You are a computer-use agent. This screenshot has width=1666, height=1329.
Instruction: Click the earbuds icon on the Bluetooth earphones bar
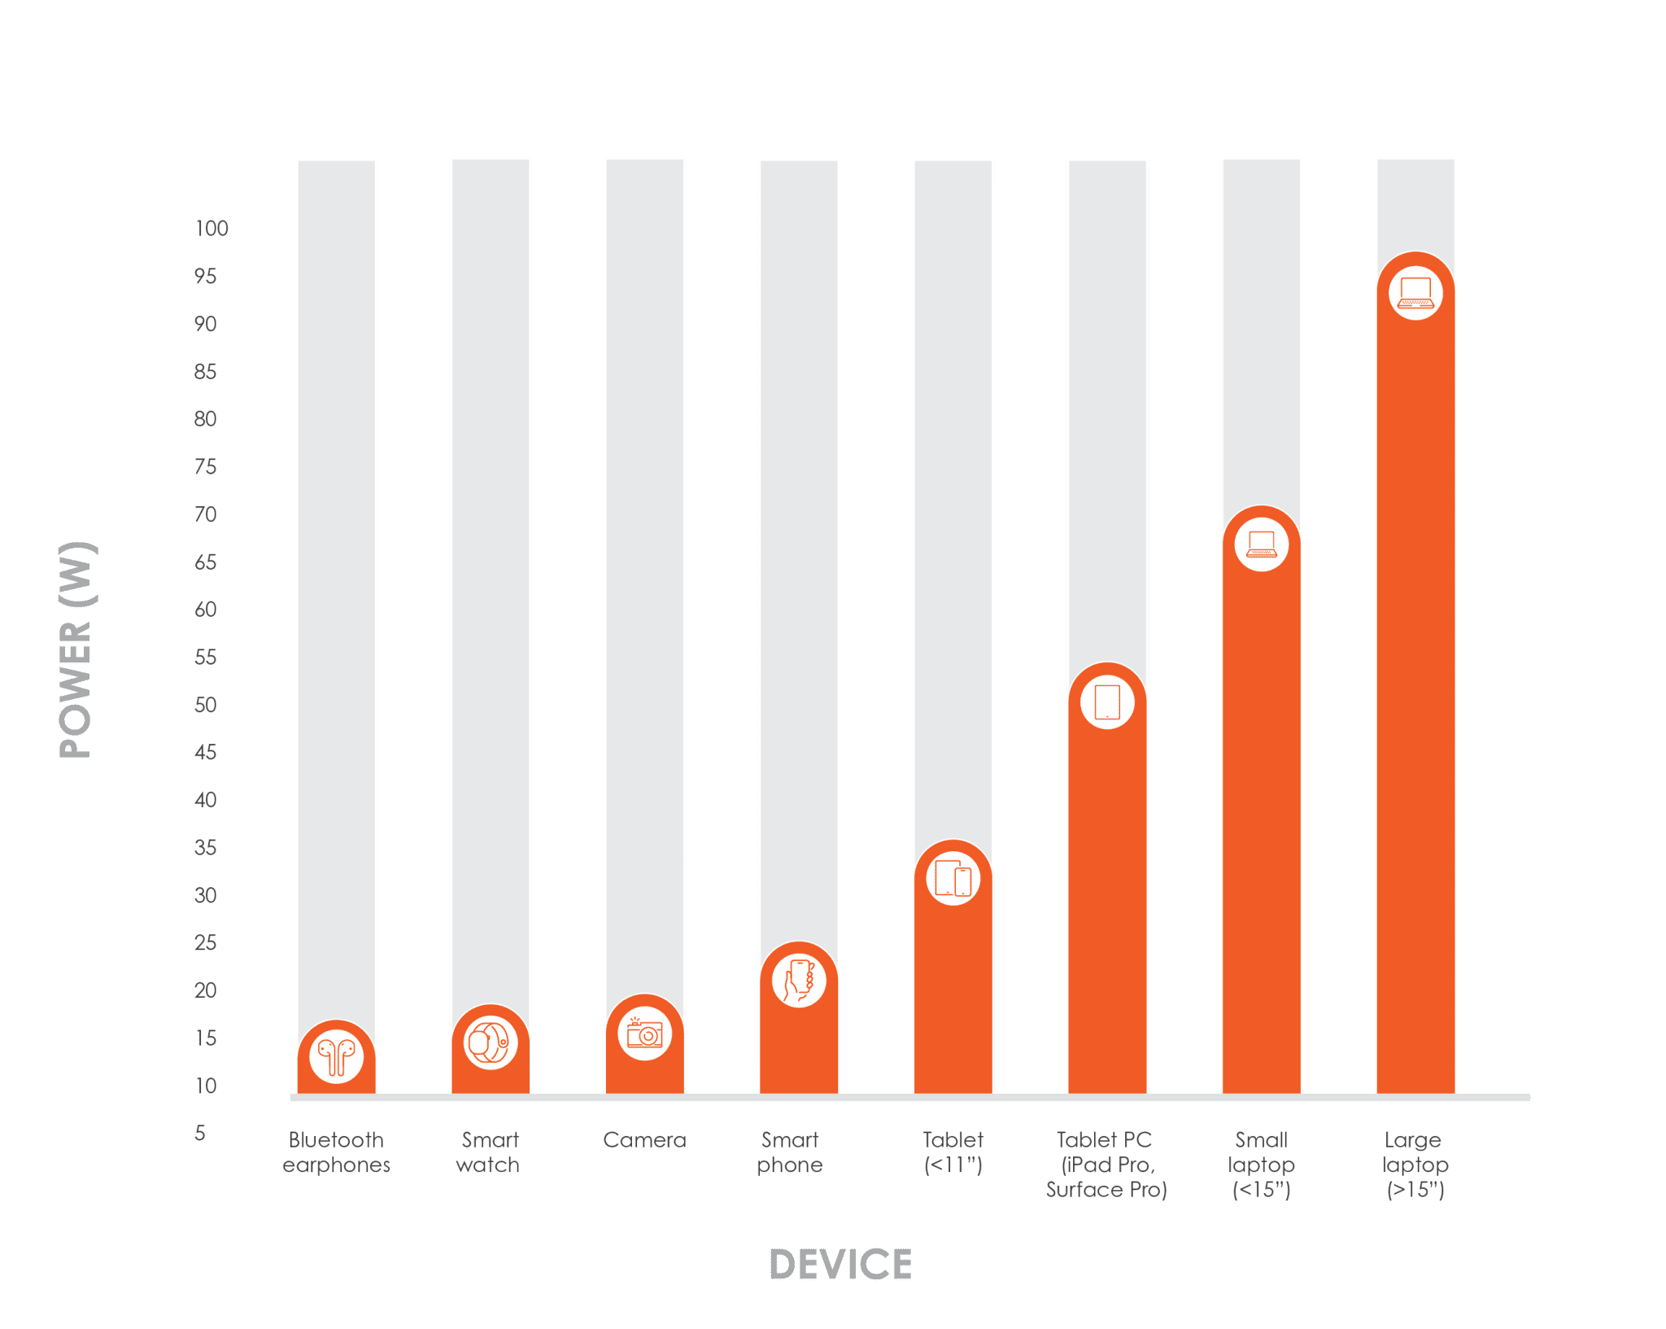pyautogui.click(x=336, y=1057)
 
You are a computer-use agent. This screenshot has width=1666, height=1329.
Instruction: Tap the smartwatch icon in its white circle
pyautogui.click(x=491, y=1042)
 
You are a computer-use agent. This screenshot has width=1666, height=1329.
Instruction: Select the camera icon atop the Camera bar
pyautogui.click(x=644, y=1034)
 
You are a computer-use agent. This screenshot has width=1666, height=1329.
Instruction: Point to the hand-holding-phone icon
pyautogui.click(x=799, y=980)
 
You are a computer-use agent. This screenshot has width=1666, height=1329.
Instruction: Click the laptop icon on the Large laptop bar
pyautogui.click(x=1415, y=292)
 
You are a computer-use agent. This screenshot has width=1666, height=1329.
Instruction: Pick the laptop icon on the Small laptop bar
pyautogui.click(x=1262, y=544)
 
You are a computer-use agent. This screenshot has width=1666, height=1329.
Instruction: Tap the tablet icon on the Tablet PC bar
pyautogui.click(x=1107, y=702)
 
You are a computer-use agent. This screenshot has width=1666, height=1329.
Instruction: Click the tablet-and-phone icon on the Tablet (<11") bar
pyautogui.click(x=953, y=879)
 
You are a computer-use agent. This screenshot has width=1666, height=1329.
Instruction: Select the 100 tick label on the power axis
pyautogui.click(x=212, y=229)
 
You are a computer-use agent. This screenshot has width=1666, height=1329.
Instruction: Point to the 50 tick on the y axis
pyautogui.click(x=206, y=705)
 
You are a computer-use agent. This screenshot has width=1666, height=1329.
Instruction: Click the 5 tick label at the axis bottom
pyautogui.click(x=200, y=1133)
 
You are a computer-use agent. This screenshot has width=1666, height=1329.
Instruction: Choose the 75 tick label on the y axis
pyautogui.click(x=206, y=467)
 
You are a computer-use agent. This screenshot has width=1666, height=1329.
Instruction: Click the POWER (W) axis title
pyautogui.click(x=78, y=649)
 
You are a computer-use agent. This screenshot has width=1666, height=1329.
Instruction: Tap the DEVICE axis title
pyautogui.click(x=840, y=1264)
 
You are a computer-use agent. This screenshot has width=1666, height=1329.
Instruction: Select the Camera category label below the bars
pyautogui.click(x=644, y=1140)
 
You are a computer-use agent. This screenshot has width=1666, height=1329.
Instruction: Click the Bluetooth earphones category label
pyautogui.click(x=336, y=1152)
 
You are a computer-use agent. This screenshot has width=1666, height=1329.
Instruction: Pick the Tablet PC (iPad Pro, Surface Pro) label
pyautogui.click(x=1106, y=1165)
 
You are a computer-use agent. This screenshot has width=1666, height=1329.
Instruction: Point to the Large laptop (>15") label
pyautogui.click(x=1415, y=1165)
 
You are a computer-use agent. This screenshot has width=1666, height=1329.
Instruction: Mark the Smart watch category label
pyautogui.click(x=489, y=1152)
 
